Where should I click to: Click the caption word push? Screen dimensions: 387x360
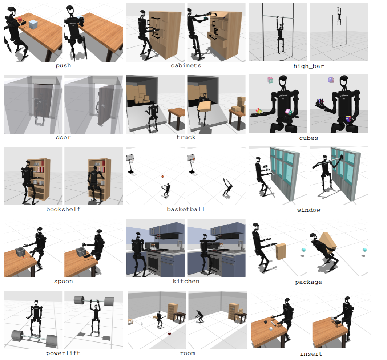coord(63,65)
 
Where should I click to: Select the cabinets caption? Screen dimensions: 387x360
coord(186,65)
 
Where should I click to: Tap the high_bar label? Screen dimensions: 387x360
coord(309,66)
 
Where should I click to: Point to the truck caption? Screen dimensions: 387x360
coord(186,137)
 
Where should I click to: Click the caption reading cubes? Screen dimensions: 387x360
coord(309,138)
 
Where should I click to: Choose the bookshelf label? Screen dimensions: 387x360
coord(63,209)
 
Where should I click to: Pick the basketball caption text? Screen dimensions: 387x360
coord(186,209)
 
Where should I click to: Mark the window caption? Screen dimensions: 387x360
coord(309,210)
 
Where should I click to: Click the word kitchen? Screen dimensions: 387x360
coord(186,281)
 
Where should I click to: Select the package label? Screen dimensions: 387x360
coord(309,282)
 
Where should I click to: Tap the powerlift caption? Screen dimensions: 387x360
coord(63,353)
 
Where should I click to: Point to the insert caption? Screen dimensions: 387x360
coord(311,354)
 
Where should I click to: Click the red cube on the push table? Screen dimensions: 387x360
coord(20,20)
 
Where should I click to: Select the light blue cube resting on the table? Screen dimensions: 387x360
coord(33,25)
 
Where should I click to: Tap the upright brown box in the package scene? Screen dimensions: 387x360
coord(281,251)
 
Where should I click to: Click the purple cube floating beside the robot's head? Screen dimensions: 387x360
coord(331,80)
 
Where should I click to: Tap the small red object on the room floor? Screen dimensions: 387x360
coord(169,334)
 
